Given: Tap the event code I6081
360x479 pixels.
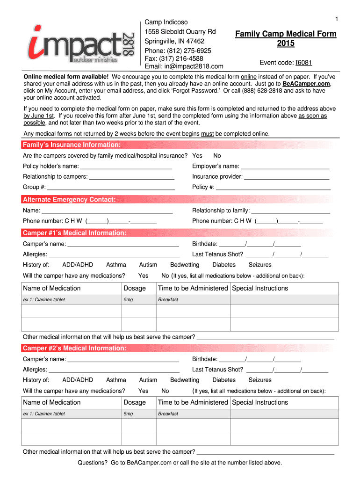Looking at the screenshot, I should click(303, 63).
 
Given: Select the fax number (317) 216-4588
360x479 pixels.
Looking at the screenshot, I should click(174, 58).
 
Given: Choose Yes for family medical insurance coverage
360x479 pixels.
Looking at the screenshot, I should click(197, 155).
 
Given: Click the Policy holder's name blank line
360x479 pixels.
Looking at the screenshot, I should click(126, 167).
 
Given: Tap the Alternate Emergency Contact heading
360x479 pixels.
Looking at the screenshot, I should click(69, 200).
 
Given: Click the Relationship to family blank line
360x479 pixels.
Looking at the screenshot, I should click(290, 210).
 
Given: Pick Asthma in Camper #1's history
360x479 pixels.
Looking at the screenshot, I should click(116, 265).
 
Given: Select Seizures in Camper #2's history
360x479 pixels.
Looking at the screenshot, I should click(259, 380).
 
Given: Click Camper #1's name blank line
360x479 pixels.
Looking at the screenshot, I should click(123, 244).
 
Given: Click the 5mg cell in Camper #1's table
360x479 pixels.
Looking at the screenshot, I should click(129, 299).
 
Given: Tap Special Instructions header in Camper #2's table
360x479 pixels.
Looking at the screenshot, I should click(260, 402).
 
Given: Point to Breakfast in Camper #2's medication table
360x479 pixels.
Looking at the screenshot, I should click(168, 414).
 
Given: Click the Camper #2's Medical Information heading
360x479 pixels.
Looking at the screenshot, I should click(74, 348).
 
